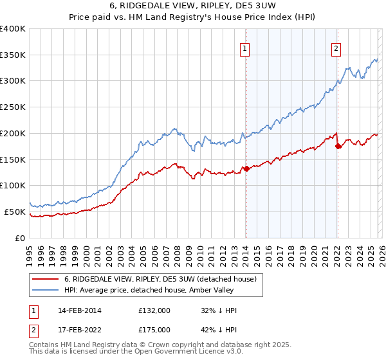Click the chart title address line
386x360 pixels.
click(x=192, y=6)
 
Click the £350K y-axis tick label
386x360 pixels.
click(x=13, y=55)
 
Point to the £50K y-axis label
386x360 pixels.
click(x=15, y=212)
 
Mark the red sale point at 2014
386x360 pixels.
click(x=246, y=169)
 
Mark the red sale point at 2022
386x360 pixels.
click(x=337, y=147)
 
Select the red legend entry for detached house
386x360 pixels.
click(x=160, y=279)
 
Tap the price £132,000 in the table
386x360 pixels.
click(x=154, y=310)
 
